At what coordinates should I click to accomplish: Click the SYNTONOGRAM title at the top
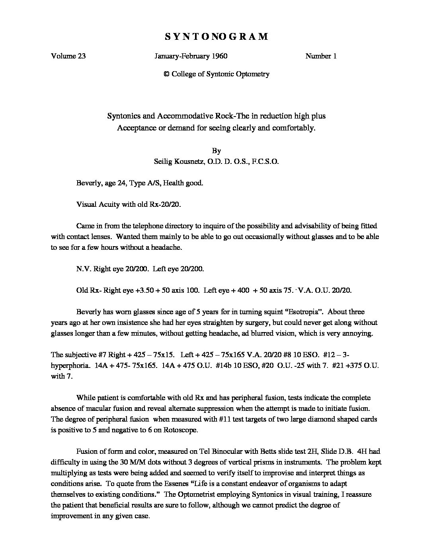click(216, 37)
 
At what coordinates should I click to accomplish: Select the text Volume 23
click(68, 56)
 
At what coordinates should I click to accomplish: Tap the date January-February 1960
click(191, 56)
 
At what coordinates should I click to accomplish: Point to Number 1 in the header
click(321, 56)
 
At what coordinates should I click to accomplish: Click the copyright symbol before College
click(166, 74)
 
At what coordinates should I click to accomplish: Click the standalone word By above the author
click(216, 151)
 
